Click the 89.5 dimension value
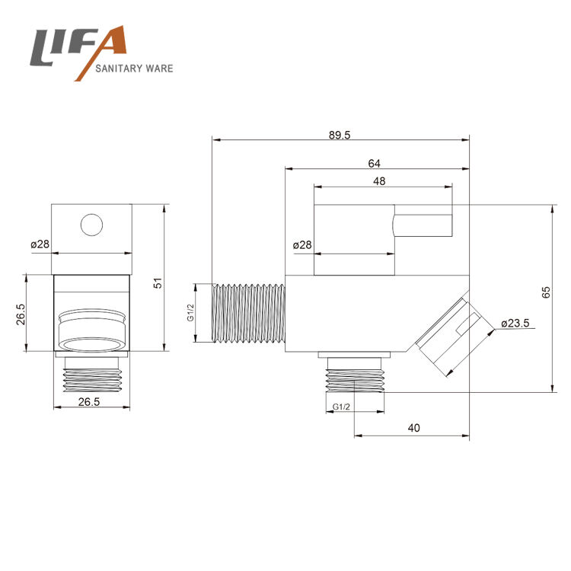(340, 135)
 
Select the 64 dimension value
(374, 164)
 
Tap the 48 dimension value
(379, 181)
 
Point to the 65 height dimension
(546, 292)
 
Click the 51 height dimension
(158, 283)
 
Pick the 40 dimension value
(413, 428)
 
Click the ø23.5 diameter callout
(515, 323)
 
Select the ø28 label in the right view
(302, 244)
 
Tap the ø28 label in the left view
(40, 244)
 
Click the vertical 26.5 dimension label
(21, 314)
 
